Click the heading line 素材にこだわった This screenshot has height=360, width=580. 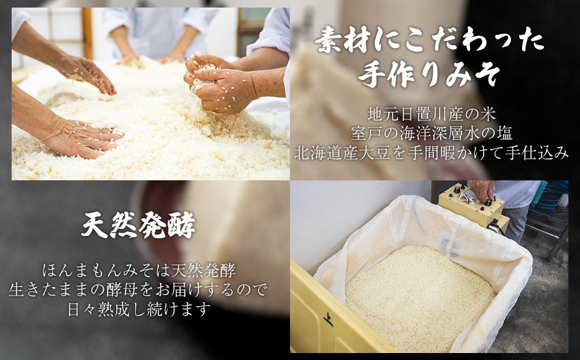point(429,41)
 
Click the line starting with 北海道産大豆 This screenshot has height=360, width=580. point(431,153)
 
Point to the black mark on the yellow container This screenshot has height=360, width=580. point(328,318)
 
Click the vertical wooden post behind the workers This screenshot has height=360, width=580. point(88,32)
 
